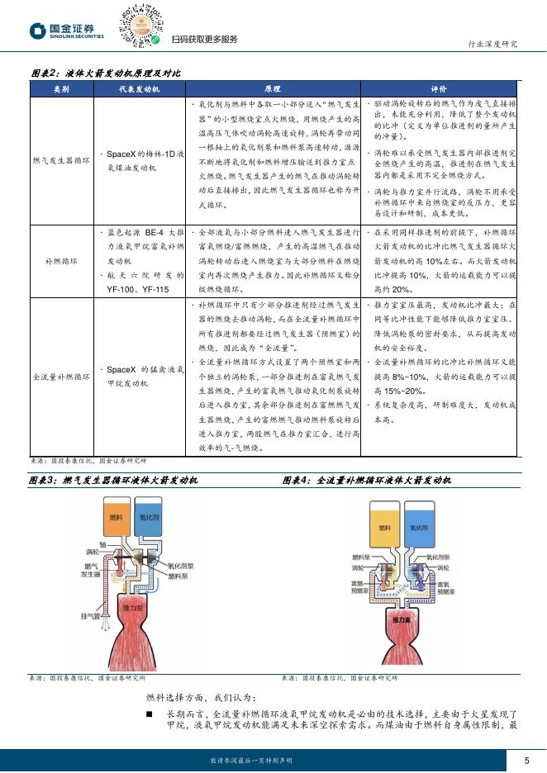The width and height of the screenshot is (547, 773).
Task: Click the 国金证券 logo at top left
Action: (68, 31)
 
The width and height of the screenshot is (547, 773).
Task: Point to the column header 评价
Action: (439, 88)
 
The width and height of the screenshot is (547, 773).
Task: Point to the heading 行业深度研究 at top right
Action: (492, 44)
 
